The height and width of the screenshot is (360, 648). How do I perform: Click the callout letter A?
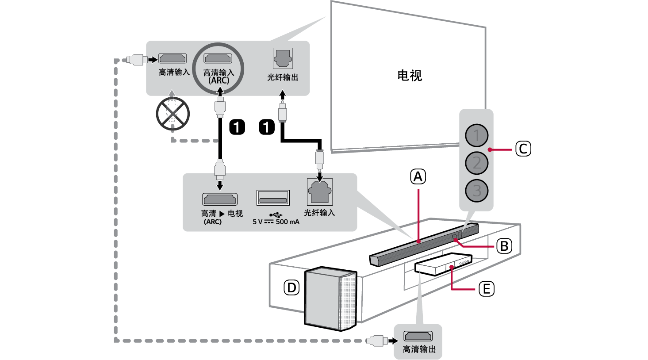(418, 177)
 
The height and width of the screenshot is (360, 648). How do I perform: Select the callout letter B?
(504, 246)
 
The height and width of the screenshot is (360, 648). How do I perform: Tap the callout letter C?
(523, 149)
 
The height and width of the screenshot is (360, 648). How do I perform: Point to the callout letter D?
(291, 288)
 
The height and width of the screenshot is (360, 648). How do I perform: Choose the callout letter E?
(486, 289)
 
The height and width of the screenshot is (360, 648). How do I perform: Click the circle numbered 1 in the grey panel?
(476, 135)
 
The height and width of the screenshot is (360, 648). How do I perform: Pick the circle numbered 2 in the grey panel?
(476, 163)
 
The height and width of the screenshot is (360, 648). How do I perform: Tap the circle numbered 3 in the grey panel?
(476, 191)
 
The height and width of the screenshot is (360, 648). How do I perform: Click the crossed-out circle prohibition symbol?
(173, 114)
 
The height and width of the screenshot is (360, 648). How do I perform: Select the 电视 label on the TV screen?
(410, 76)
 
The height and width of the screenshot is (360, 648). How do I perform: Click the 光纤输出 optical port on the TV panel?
(283, 58)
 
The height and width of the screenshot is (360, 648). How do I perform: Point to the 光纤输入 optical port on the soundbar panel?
(319, 192)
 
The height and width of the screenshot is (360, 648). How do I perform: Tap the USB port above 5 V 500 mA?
(273, 198)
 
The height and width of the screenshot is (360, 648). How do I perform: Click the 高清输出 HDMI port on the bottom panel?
(418, 336)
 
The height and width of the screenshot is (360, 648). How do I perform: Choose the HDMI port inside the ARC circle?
(218, 58)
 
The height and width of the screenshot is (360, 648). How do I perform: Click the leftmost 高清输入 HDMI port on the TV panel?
(173, 58)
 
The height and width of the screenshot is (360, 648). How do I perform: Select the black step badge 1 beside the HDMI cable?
(237, 127)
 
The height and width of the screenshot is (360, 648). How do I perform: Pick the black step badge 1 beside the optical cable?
(267, 127)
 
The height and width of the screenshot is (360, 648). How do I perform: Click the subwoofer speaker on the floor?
(330, 299)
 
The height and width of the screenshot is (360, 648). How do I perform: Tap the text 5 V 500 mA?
(276, 222)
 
